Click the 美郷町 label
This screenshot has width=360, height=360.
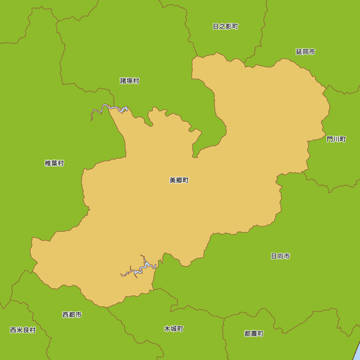coord(179,180)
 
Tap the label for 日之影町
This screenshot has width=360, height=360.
coord(225,27)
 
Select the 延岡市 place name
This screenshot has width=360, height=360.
coord(305,52)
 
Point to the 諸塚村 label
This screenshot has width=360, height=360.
coord(130,81)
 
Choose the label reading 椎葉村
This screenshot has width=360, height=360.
coord(54,163)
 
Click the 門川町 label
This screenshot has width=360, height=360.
coord(336,139)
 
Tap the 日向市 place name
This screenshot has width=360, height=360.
coord(280,256)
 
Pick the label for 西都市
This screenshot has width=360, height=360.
coord(72,315)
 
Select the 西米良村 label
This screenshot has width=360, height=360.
coord(23,330)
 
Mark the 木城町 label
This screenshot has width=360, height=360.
coord(174,329)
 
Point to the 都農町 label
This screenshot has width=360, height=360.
coord(254,334)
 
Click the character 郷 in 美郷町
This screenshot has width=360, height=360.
coord(179,180)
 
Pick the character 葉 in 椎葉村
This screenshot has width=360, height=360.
coord(54,163)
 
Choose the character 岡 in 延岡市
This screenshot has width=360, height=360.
coord(305,52)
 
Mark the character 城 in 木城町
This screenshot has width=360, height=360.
coord(174,329)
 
